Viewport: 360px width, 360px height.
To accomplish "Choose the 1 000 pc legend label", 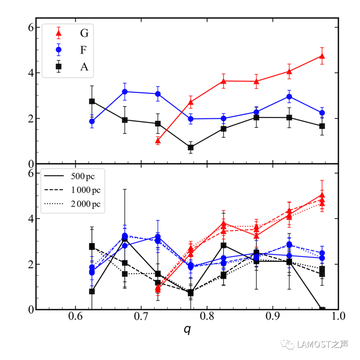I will point(85,190).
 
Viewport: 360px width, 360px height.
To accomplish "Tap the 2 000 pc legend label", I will point(85,204).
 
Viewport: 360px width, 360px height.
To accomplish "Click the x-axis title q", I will point(187,329).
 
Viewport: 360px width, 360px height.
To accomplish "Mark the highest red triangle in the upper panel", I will point(322,56).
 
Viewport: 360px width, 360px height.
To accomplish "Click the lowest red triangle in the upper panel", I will point(158,141).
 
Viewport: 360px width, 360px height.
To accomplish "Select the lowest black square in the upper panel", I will point(191,147).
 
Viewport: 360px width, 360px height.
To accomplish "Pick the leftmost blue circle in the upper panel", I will point(92,121).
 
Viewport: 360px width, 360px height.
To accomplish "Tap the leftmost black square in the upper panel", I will point(92,101).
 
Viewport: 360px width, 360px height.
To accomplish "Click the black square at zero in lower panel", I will point(322,309).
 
